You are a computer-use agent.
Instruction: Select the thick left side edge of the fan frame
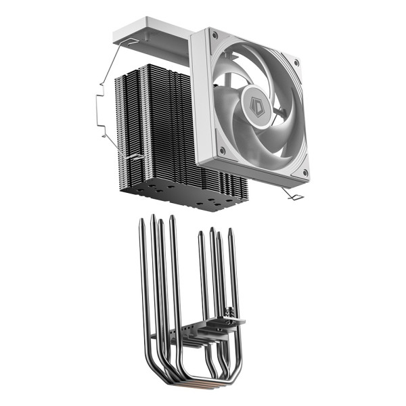(x=198, y=101)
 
